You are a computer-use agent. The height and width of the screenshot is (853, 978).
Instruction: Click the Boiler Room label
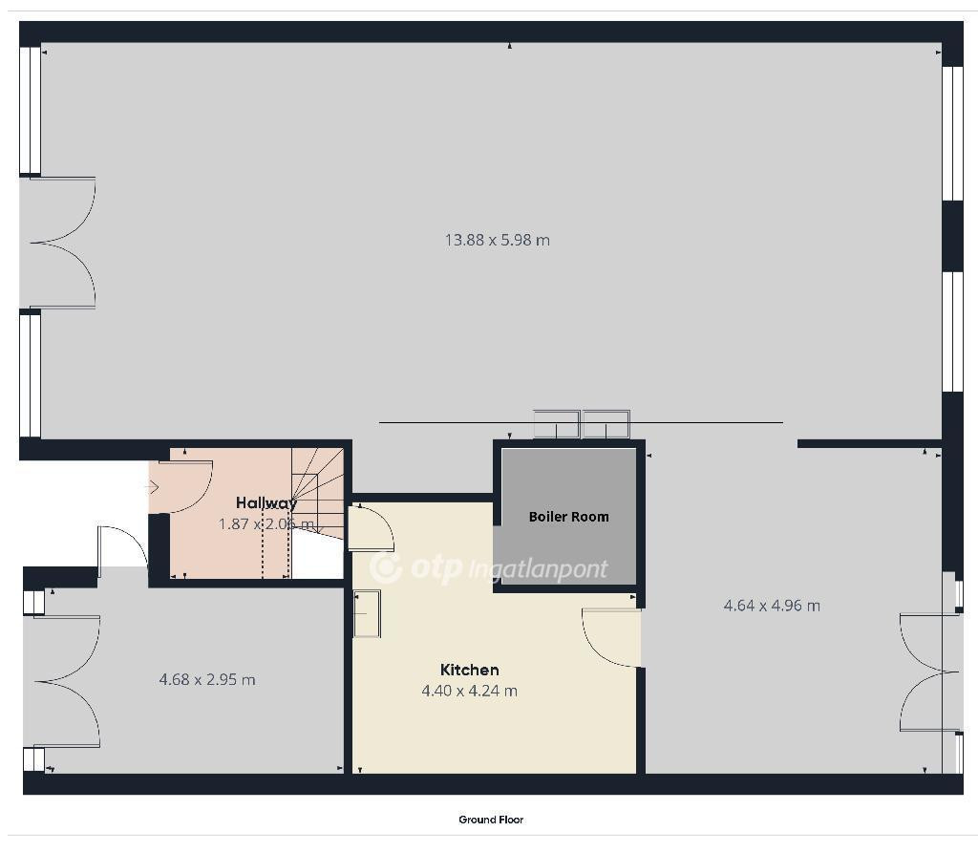[568, 517]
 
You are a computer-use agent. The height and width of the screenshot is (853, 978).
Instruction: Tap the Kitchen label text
[470, 671]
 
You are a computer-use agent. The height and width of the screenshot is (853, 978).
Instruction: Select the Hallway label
[266, 503]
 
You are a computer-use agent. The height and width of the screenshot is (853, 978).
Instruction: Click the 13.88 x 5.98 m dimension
[497, 241]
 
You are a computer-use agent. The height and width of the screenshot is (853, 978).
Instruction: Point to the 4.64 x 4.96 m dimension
[772, 606]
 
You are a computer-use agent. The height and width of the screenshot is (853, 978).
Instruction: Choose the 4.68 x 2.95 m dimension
[207, 679]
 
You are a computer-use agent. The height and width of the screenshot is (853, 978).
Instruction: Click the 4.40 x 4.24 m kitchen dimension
[470, 691]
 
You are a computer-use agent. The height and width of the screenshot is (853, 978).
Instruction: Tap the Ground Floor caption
[491, 820]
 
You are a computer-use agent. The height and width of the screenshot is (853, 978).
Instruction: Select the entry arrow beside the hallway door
[154, 487]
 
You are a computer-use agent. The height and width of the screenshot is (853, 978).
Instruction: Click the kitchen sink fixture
[368, 614]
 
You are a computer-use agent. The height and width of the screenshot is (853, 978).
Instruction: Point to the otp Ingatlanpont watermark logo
[488, 568]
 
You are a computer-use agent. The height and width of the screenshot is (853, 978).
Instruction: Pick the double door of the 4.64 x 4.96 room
[929, 672]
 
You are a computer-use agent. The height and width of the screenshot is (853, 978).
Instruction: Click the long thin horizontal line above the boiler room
[582, 423]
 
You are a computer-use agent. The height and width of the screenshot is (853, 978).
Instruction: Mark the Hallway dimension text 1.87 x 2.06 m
[266, 524]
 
